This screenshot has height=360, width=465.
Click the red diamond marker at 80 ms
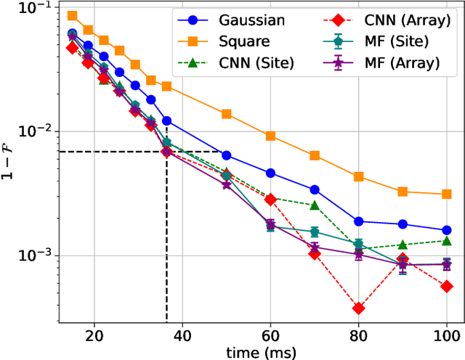coord(358,308)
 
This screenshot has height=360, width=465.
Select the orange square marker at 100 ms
coord(446,194)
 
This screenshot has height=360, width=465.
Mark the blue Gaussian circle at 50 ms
coord(226,155)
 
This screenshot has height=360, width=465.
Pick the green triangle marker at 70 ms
coord(315,205)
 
